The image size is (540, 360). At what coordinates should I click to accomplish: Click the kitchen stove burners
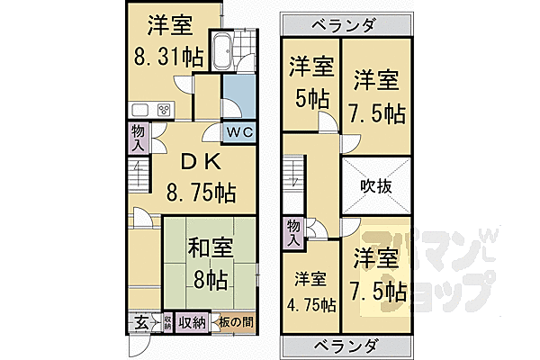(x=164, y=110)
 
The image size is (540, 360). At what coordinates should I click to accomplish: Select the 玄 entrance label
(x=143, y=321)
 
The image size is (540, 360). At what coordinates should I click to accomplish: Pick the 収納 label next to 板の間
(x=191, y=321)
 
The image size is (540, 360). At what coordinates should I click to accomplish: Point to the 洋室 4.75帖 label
(x=310, y=292)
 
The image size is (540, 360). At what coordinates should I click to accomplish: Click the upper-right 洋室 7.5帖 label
(x=376, y=94)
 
